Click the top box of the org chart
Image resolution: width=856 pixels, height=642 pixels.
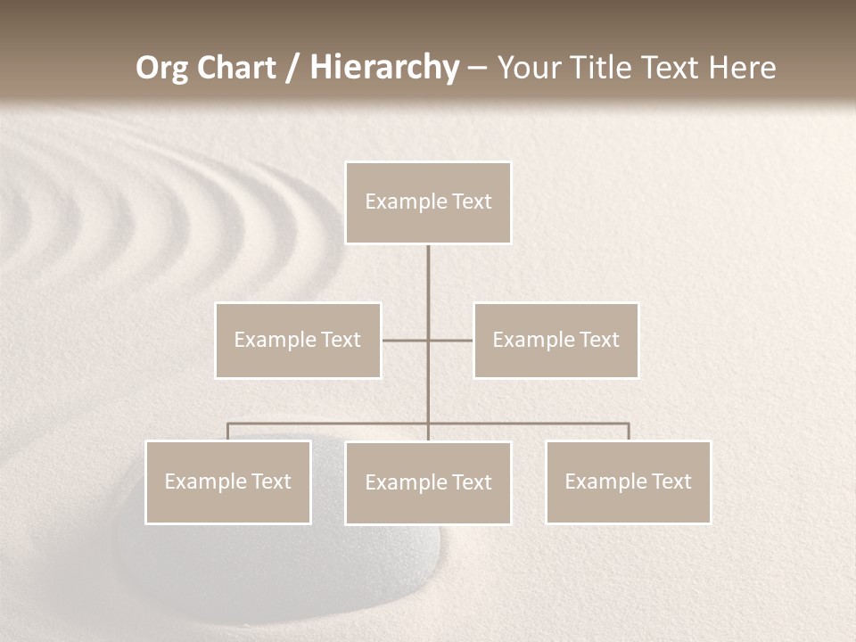coord(428,202)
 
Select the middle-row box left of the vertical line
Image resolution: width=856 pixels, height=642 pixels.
coord(298,340)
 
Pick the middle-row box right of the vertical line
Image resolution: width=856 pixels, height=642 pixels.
coord(556,340)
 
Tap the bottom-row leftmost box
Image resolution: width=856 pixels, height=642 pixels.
coord(227,481)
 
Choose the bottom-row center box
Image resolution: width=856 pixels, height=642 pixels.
coord(428,482)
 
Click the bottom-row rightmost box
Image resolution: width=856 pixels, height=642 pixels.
coord(628,481)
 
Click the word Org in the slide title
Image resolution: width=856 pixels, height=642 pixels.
coord(160,68)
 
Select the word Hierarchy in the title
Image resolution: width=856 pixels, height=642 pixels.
coord(384,68)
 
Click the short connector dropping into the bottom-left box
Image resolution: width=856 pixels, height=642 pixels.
coord(227,432)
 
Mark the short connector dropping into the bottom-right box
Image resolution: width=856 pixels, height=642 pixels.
coord(629,432)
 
